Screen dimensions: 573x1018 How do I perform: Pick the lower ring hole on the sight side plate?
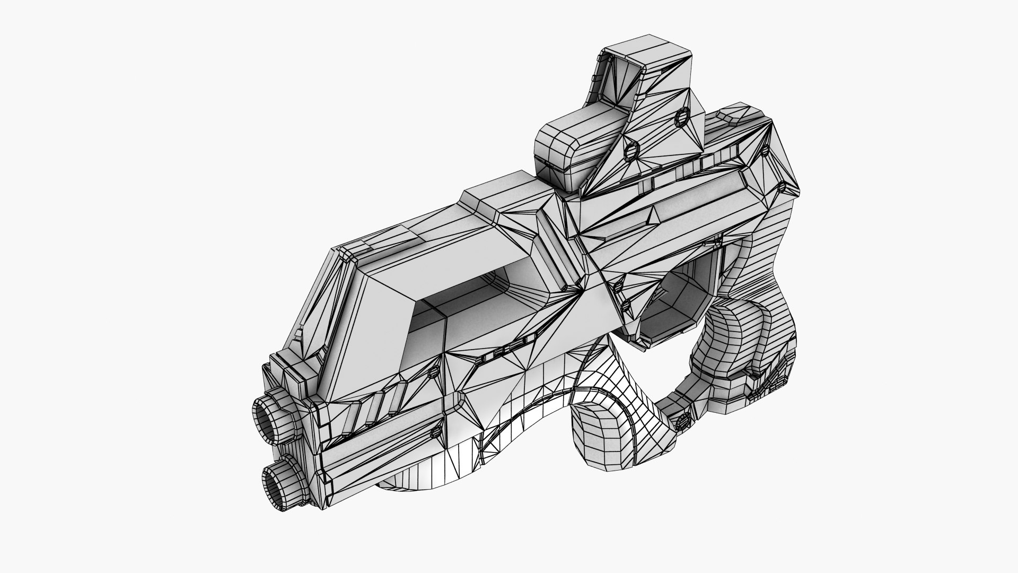[631, 151]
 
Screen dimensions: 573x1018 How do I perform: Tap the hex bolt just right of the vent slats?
[433, 371]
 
